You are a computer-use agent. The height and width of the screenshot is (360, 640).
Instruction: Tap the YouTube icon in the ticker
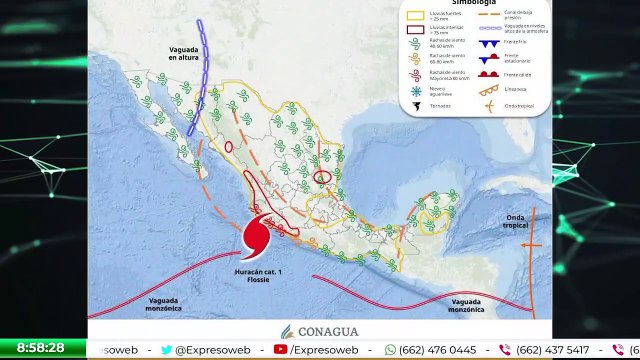coord(281,350)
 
